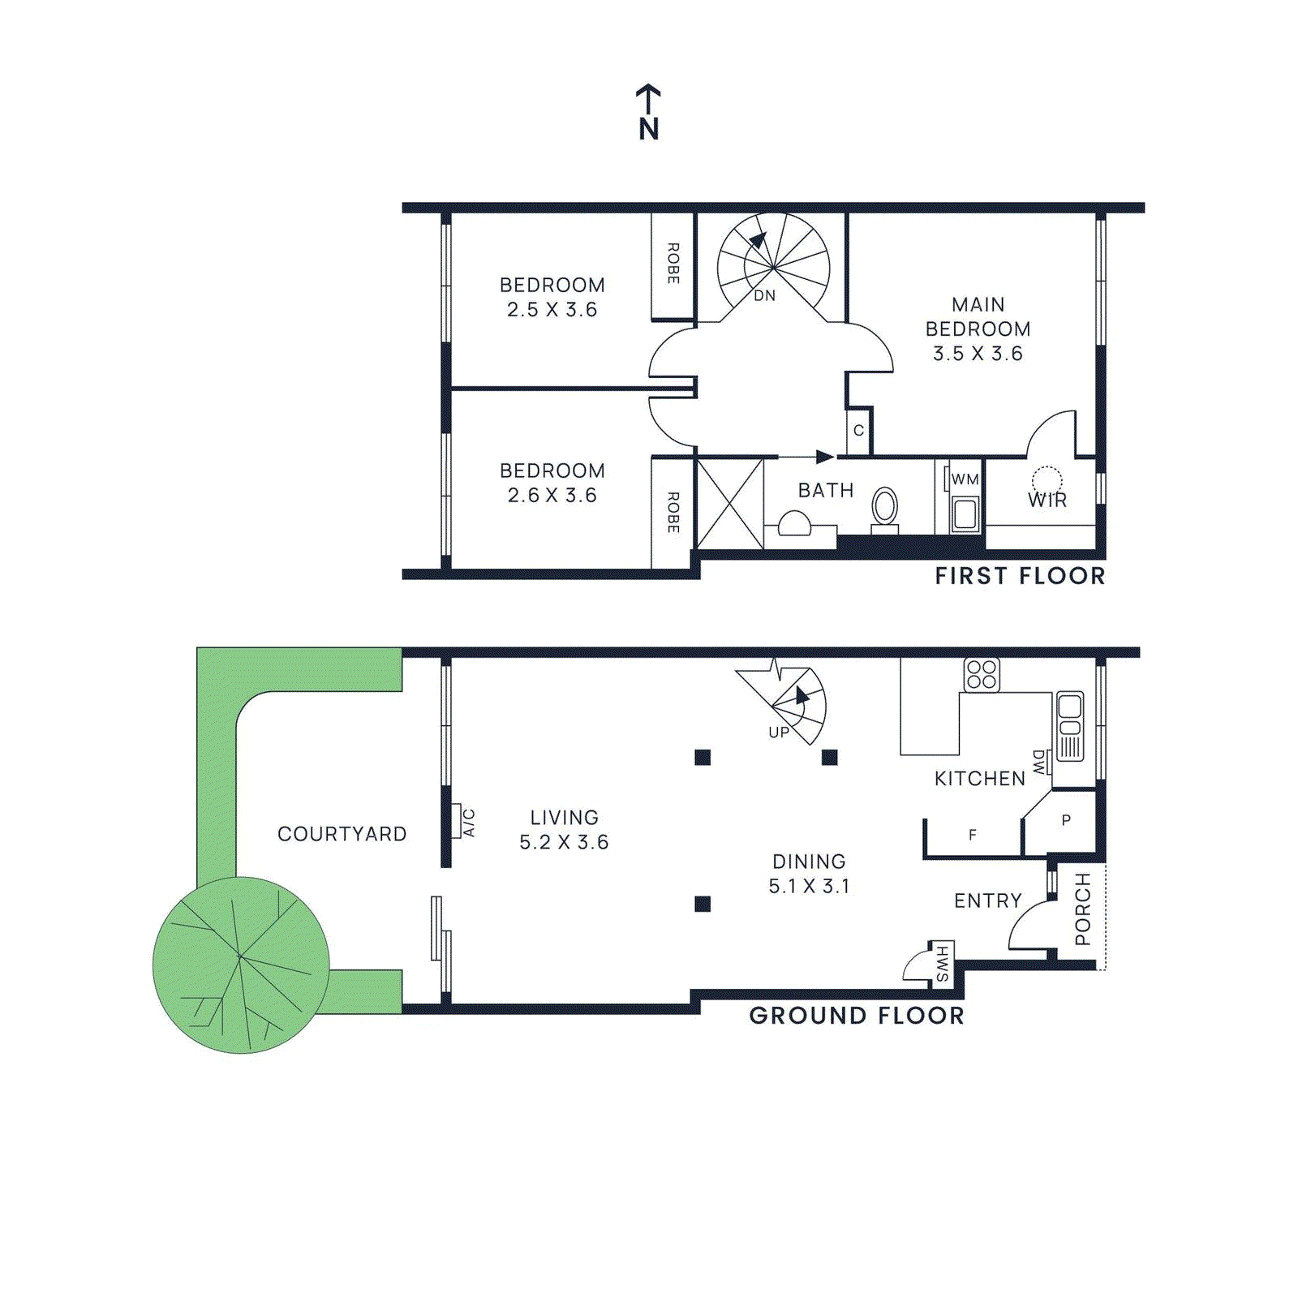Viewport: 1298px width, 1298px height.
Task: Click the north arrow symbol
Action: (648, 112)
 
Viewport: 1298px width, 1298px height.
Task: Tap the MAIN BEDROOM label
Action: (978, 317)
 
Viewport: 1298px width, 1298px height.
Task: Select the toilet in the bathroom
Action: (884, 508)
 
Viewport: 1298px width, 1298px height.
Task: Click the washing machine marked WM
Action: (965, 511)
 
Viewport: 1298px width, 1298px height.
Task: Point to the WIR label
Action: (1047, 501)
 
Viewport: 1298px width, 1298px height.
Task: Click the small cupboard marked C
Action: (858, 431)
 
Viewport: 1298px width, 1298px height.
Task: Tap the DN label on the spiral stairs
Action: (764, 296)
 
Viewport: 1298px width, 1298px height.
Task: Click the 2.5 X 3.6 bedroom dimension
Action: (552, 310)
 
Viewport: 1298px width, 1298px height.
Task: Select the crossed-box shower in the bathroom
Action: (730, 503)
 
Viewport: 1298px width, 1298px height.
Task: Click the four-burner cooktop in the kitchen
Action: (982, 675)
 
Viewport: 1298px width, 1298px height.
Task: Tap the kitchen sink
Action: (1070, 726)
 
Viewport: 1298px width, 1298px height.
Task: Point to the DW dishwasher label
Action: (1039, 762)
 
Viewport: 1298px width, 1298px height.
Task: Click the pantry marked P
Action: (1066, 820)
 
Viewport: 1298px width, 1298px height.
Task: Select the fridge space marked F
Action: (972, 835)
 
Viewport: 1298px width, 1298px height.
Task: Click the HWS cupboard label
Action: (942, 963)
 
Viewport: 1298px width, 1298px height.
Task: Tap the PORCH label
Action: (1082, 909)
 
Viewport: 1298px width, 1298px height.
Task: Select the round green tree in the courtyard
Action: (241, 965)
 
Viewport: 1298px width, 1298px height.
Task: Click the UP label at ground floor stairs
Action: (779, 733)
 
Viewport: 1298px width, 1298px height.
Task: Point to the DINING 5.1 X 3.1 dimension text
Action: (809, 886)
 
